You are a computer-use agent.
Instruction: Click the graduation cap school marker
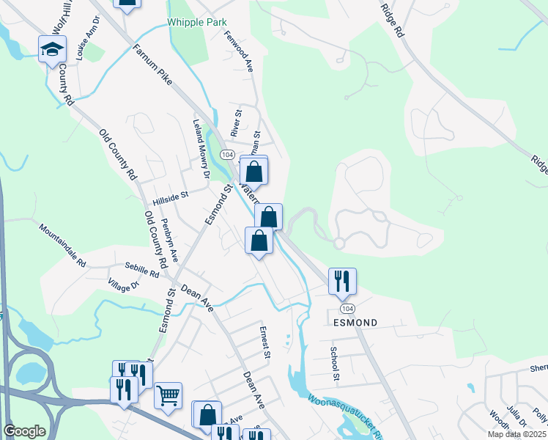(x=52, y=49)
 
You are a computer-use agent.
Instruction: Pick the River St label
(x=236, y=124)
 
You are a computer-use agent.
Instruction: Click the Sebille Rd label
(x=141, y=269)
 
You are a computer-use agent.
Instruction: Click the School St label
(x=334, y=364)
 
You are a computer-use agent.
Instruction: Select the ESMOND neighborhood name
(x=355, y=323)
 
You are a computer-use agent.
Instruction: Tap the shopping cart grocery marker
(x=168, y=396)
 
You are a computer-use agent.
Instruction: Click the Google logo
(x=24, y=431)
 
